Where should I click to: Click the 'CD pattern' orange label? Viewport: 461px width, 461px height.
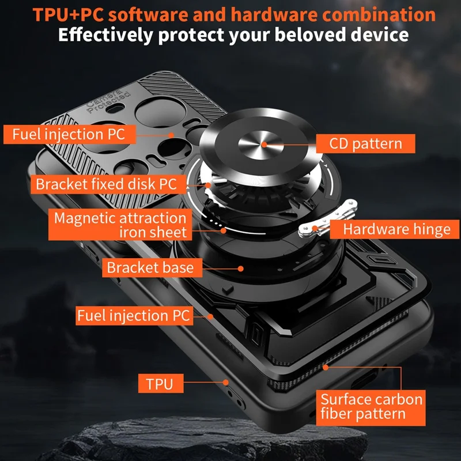pyautogui.click(x=365, y=143)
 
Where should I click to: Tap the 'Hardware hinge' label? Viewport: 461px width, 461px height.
pyautogui.click(x=396, y=229)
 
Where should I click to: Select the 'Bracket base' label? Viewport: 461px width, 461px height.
pyautogui.click(x=150, y=267)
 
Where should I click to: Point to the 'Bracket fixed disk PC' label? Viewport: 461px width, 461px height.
pyautogui.click(x=105, y=184)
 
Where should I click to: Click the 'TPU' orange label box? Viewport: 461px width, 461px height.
pyautogui.click(x=160, y=383)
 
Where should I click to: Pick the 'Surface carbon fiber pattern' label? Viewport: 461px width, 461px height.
pyautogui.click(x=371, y=406)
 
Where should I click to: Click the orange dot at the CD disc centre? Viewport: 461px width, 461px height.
pyautogui.click(x=264, y=143)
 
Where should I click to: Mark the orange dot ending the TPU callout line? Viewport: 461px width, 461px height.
pyautogui.click(x=226, y=382)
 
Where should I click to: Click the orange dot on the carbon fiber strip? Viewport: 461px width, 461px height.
pyautogui.click(x=326, y=366)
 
